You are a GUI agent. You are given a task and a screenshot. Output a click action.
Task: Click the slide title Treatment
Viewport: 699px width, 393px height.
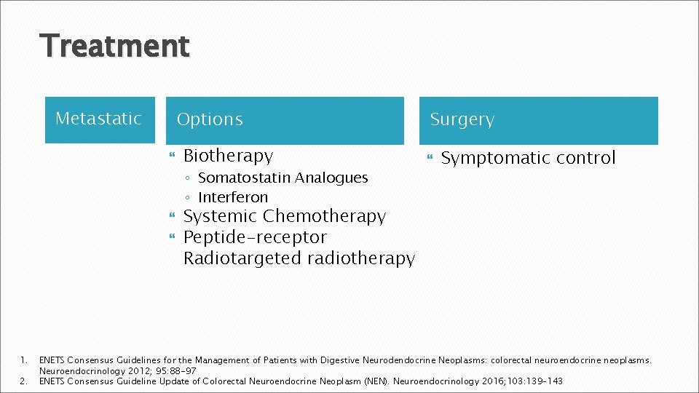click(115, 47)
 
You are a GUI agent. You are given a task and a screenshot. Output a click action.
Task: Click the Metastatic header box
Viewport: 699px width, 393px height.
click(99, 119)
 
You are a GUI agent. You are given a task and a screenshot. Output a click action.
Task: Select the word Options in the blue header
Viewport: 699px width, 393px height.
click(210, 119)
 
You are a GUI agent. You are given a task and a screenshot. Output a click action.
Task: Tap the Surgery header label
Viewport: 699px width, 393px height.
click(462, 119)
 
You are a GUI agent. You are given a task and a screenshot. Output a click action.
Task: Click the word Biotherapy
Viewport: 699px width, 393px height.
click(228, 156)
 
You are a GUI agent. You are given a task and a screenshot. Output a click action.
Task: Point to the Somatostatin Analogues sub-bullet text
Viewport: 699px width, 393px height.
click(283, 178)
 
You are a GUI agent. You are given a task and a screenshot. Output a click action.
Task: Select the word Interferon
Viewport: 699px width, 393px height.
click(233, 197)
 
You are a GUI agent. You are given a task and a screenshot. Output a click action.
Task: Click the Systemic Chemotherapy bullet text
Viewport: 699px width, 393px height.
click(284, 216)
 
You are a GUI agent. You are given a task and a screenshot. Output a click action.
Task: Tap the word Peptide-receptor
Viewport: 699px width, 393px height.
click(255, 237)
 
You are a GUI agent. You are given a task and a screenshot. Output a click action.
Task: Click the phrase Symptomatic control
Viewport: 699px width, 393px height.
click(528, 158)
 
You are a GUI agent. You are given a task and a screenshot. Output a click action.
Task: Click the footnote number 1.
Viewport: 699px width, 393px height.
click(23, 360)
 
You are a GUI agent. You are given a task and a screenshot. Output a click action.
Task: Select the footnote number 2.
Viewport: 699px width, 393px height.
click(23, 381)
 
